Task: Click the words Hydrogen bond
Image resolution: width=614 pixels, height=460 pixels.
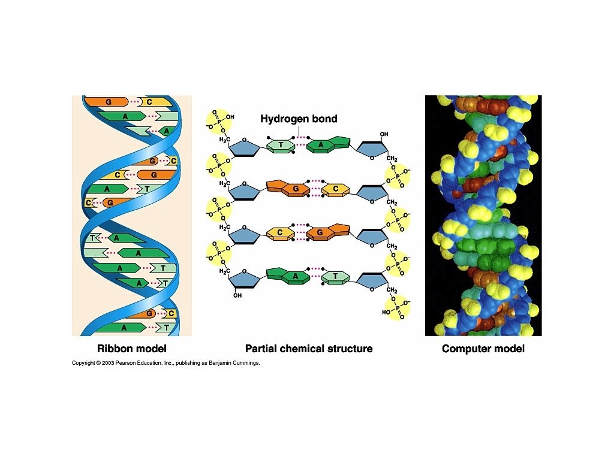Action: [299, 119]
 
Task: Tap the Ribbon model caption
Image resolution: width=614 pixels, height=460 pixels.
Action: [132, 349]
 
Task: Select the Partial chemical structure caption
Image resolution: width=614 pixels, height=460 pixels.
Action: [309, 349]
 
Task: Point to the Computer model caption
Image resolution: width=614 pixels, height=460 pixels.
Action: [483, 349]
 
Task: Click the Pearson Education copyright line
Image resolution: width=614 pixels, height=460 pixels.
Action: [165, 363]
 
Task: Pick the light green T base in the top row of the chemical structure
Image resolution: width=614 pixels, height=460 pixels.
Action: [281, 145]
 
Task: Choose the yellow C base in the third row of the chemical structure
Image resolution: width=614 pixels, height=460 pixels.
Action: [280, 232]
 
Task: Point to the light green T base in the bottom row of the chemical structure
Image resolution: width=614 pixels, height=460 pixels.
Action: [335, 277]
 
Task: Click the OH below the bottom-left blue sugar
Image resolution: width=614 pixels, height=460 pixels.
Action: [237, 295]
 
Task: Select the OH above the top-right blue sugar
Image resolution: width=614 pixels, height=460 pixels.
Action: [384, 134]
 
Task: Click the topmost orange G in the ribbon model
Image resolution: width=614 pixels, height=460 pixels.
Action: [108, 102]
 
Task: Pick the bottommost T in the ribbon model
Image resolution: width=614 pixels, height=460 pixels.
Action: [166, 328]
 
